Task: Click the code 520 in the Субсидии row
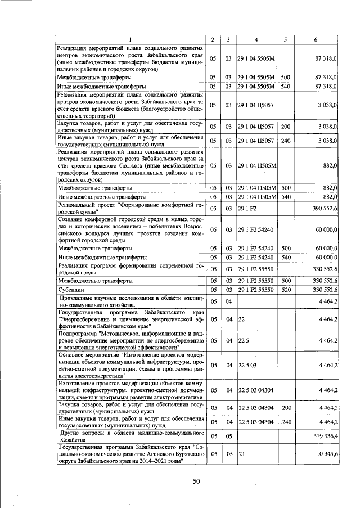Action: coord(285,290)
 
